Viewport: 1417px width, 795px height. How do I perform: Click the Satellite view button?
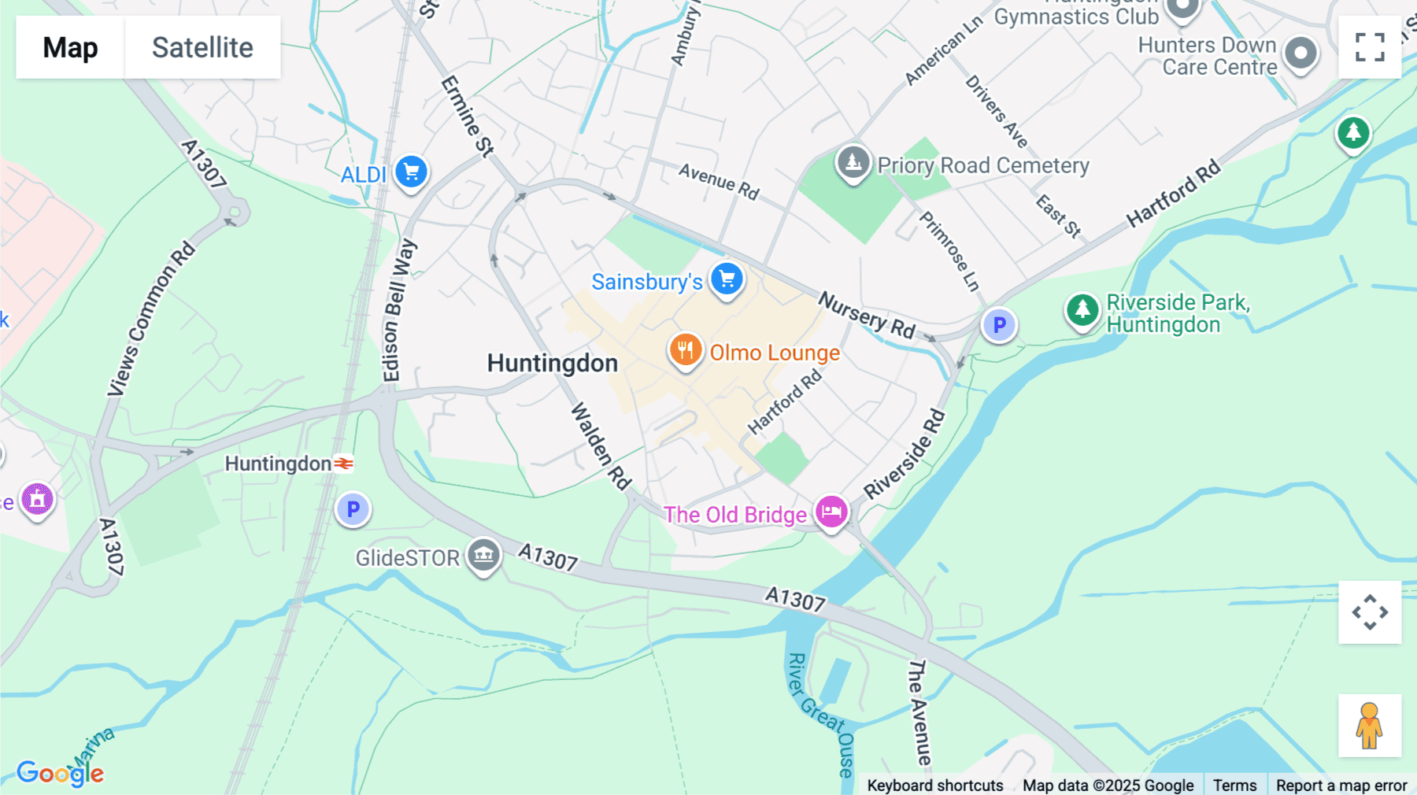202,47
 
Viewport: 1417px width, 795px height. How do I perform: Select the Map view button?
70,47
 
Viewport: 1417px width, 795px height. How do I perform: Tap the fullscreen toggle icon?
1370,47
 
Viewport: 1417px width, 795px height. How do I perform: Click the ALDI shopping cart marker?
411,172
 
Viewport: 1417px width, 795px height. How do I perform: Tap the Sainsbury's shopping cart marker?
727,279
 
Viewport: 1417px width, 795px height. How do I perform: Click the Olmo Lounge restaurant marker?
685,350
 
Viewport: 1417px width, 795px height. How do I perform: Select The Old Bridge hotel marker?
831,512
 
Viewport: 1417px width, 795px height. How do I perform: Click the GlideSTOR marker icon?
483,556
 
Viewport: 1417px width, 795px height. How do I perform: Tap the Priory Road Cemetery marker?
853,163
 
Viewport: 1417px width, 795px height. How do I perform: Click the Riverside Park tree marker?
1082,309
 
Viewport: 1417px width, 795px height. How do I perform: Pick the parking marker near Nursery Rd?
999,324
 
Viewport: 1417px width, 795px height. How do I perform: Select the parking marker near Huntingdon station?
353,509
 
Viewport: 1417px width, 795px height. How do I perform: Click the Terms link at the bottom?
1234,785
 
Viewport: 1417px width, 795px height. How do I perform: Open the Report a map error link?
1341,785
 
